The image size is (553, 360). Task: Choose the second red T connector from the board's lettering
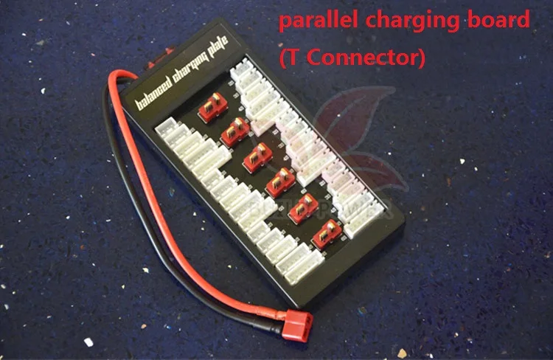(x=235, y=132)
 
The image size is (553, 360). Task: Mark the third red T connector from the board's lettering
(x=257, y=157)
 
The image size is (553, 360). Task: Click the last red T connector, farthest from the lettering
(x=326, y=234)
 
